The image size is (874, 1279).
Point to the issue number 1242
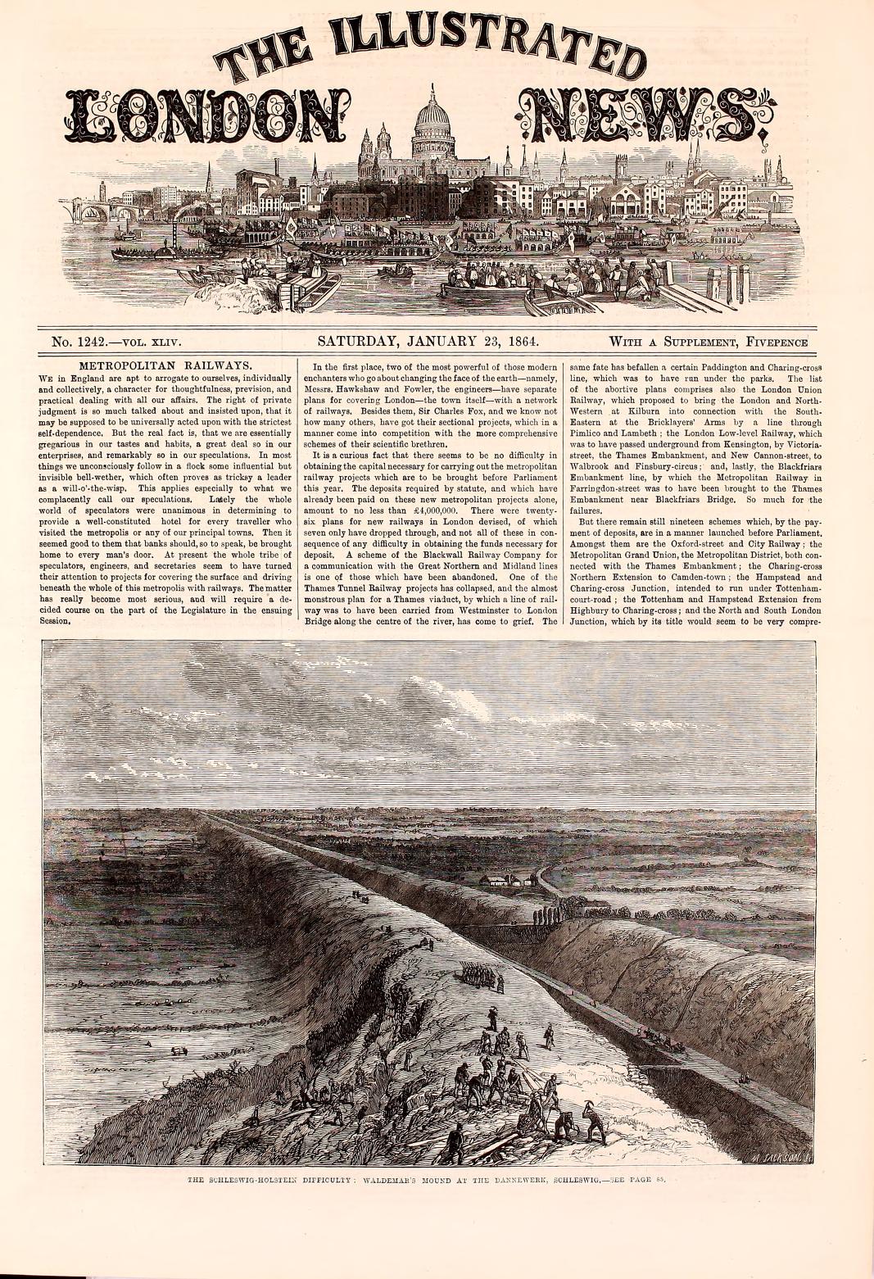(97, 342)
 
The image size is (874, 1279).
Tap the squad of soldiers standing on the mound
(476, 975)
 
